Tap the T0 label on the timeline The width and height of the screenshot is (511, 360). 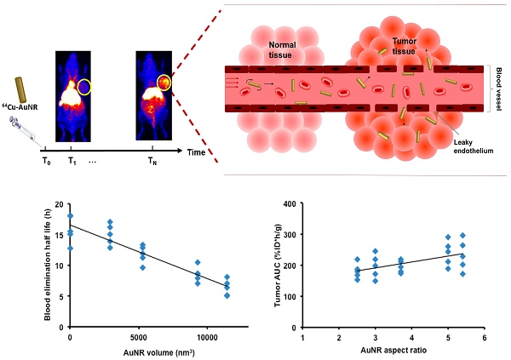[x=46, y=159]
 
